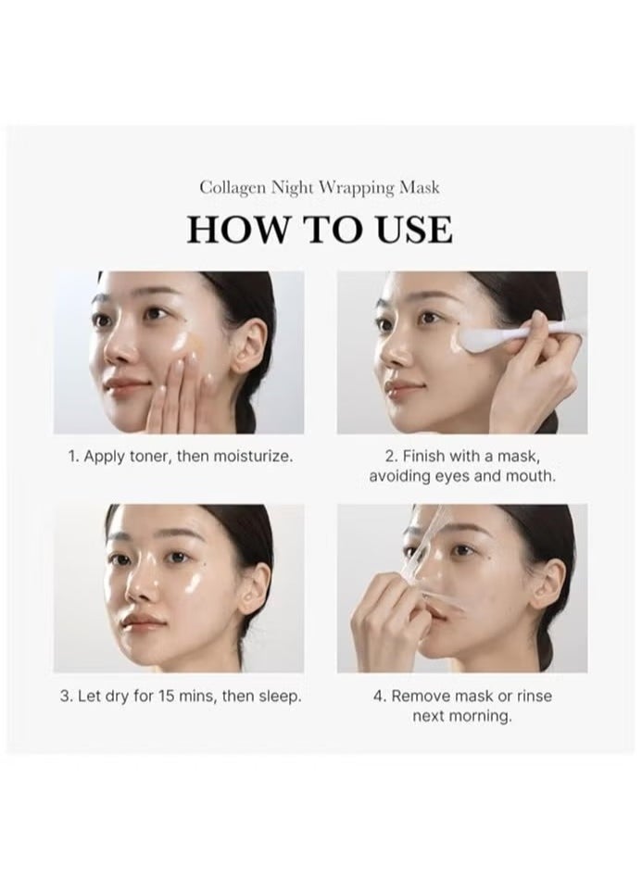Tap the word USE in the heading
point(415,230)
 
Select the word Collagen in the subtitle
point(233,188)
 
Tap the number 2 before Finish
point(390,457)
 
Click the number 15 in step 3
point(167,697)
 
